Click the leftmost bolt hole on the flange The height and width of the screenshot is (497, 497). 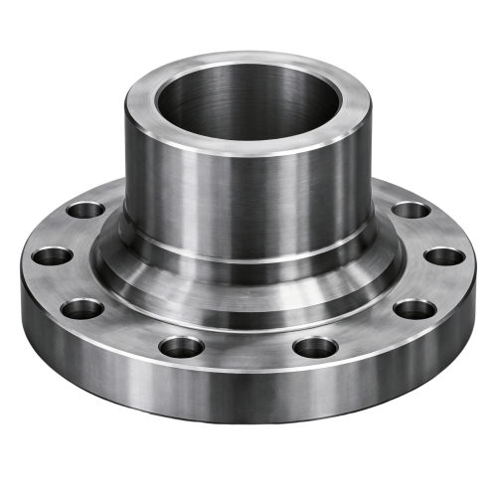52,255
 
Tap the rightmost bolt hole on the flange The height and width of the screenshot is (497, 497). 444,256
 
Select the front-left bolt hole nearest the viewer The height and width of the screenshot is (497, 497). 182,347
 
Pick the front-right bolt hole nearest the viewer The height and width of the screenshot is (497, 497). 316,347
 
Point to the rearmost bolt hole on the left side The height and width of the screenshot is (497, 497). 87,211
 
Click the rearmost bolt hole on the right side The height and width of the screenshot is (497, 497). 410,211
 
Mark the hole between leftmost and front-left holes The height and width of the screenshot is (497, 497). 83,308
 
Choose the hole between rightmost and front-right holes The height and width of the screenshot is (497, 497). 414,308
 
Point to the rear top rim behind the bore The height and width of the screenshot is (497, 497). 248,62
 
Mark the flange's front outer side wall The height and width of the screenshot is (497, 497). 248,398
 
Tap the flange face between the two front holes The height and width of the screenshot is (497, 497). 248,348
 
